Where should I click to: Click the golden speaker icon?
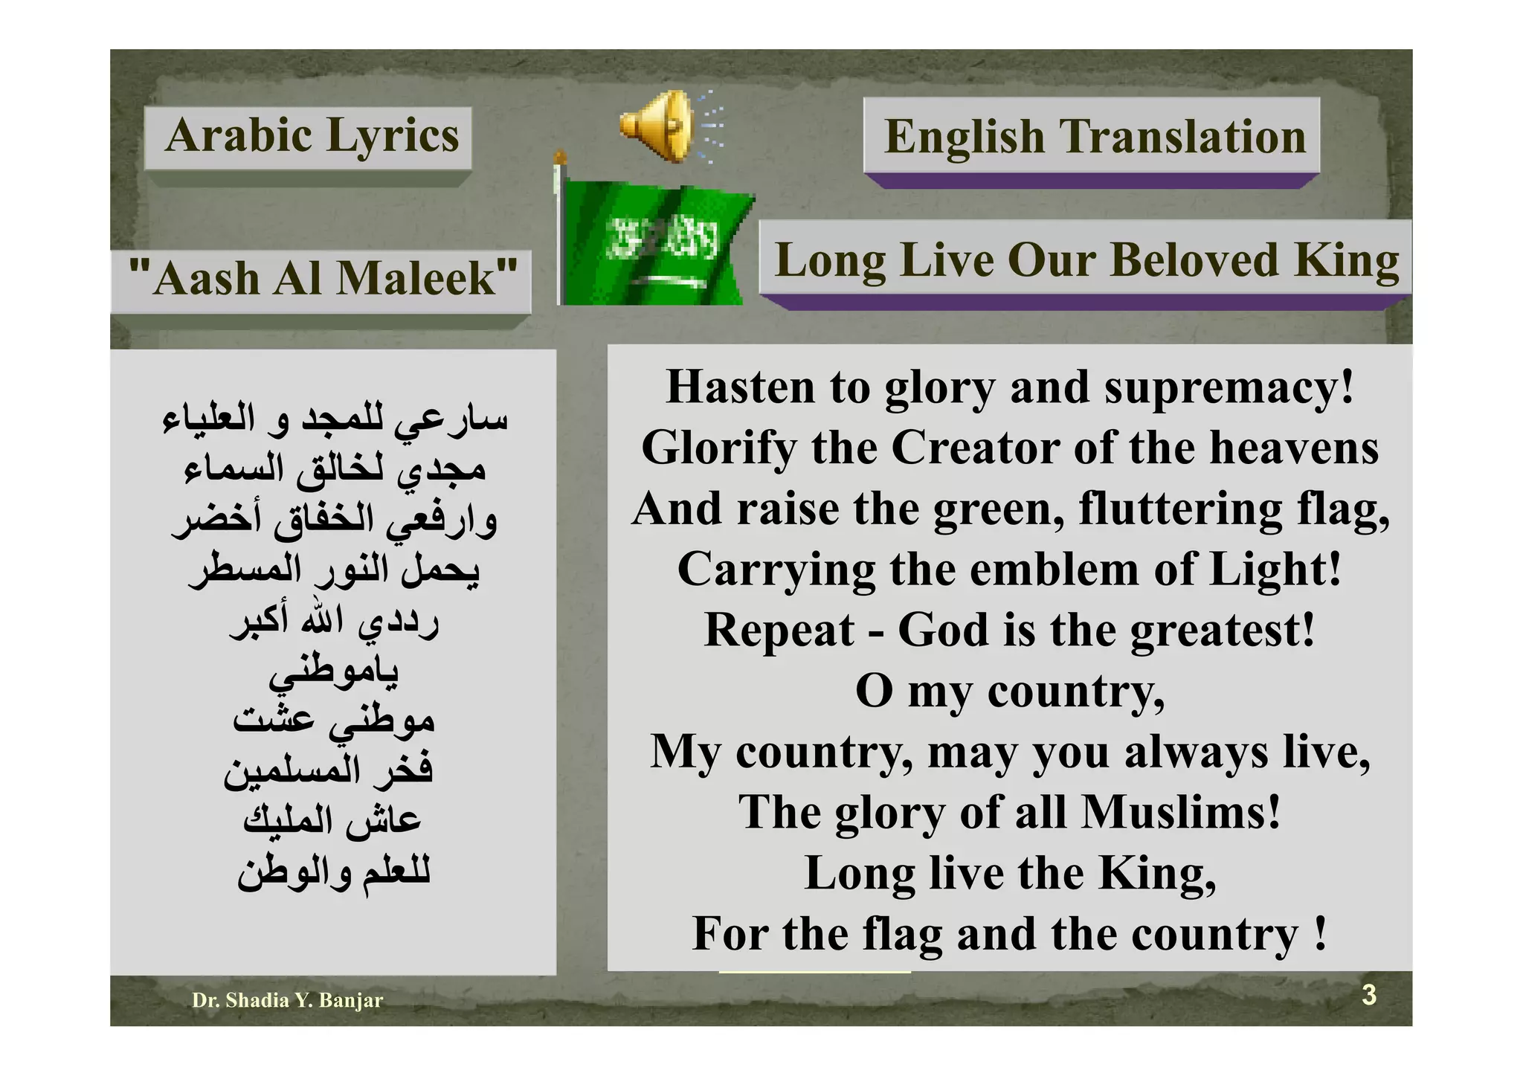click(658, 125)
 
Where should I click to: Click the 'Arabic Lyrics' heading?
click(312, 136)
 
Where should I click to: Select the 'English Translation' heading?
click(1094, 138)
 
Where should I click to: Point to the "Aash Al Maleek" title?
click(322, 279)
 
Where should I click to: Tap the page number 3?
click(1368, 995)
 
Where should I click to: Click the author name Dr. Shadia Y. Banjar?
click(287, 1000)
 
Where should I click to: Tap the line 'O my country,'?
click(1010, 692)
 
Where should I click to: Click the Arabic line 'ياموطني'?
click(334, 671)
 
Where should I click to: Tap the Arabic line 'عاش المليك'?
click(332, 819)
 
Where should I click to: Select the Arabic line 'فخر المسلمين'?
click(329, 770)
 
